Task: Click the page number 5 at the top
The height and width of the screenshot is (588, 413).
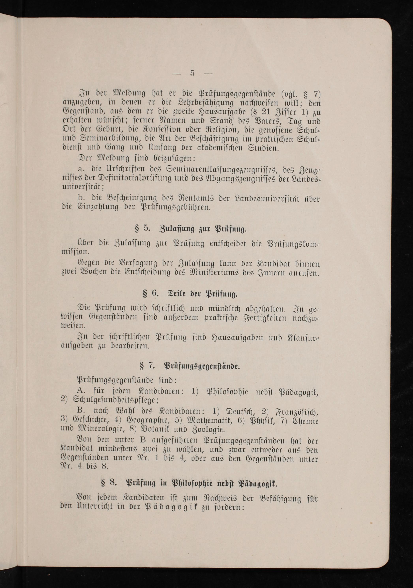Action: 192,73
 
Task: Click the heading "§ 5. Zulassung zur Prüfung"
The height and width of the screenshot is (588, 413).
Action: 191,229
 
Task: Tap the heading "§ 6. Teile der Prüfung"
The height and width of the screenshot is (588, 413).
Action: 190,294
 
